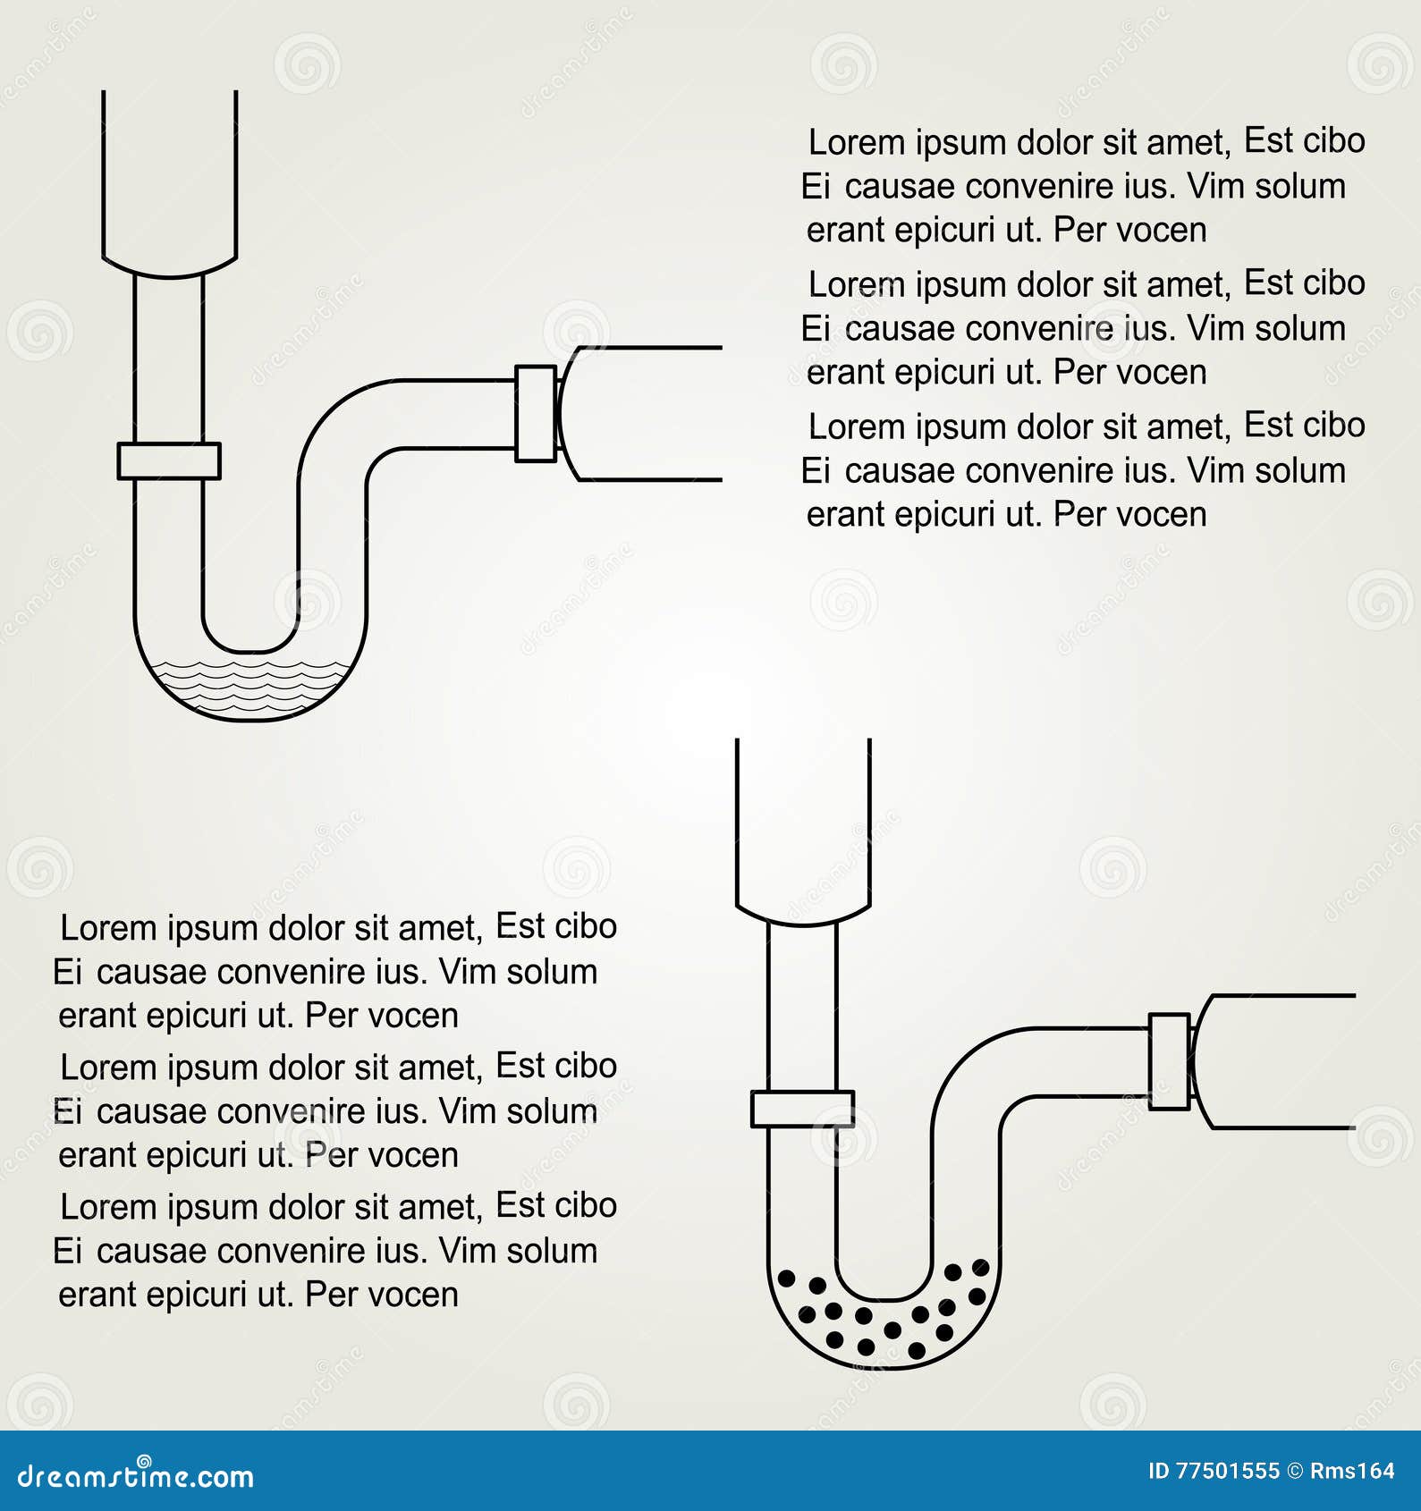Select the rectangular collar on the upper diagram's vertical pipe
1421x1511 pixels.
(x=169, y=461)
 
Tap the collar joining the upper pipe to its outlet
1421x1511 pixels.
(x=536, y=413)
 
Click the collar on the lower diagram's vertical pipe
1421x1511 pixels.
(x=802, y=1109)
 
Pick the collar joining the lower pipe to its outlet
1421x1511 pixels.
(x=1169, y=1061)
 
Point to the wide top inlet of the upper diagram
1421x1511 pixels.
(x=170, y=183)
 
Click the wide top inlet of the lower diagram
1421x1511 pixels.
(x=803, y=831)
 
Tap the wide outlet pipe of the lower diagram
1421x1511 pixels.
(x=1273, y=1061)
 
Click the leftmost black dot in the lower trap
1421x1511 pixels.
(x=787, y=1279)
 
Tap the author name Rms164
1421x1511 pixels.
(x=1352, y=1471)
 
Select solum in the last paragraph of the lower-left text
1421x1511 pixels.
(x=552, y=1251)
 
